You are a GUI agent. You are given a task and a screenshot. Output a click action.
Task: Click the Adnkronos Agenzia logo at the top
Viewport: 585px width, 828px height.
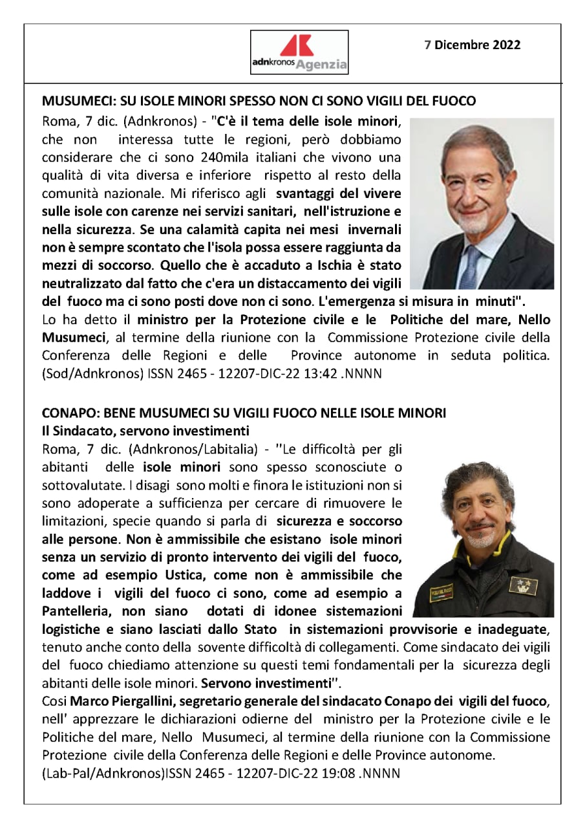pos(299,52)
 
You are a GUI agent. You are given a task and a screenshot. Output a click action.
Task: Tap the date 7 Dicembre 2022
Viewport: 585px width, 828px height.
pos(472,45)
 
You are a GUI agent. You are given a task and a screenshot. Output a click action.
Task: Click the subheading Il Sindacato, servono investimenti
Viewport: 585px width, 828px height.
pos(136,430)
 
